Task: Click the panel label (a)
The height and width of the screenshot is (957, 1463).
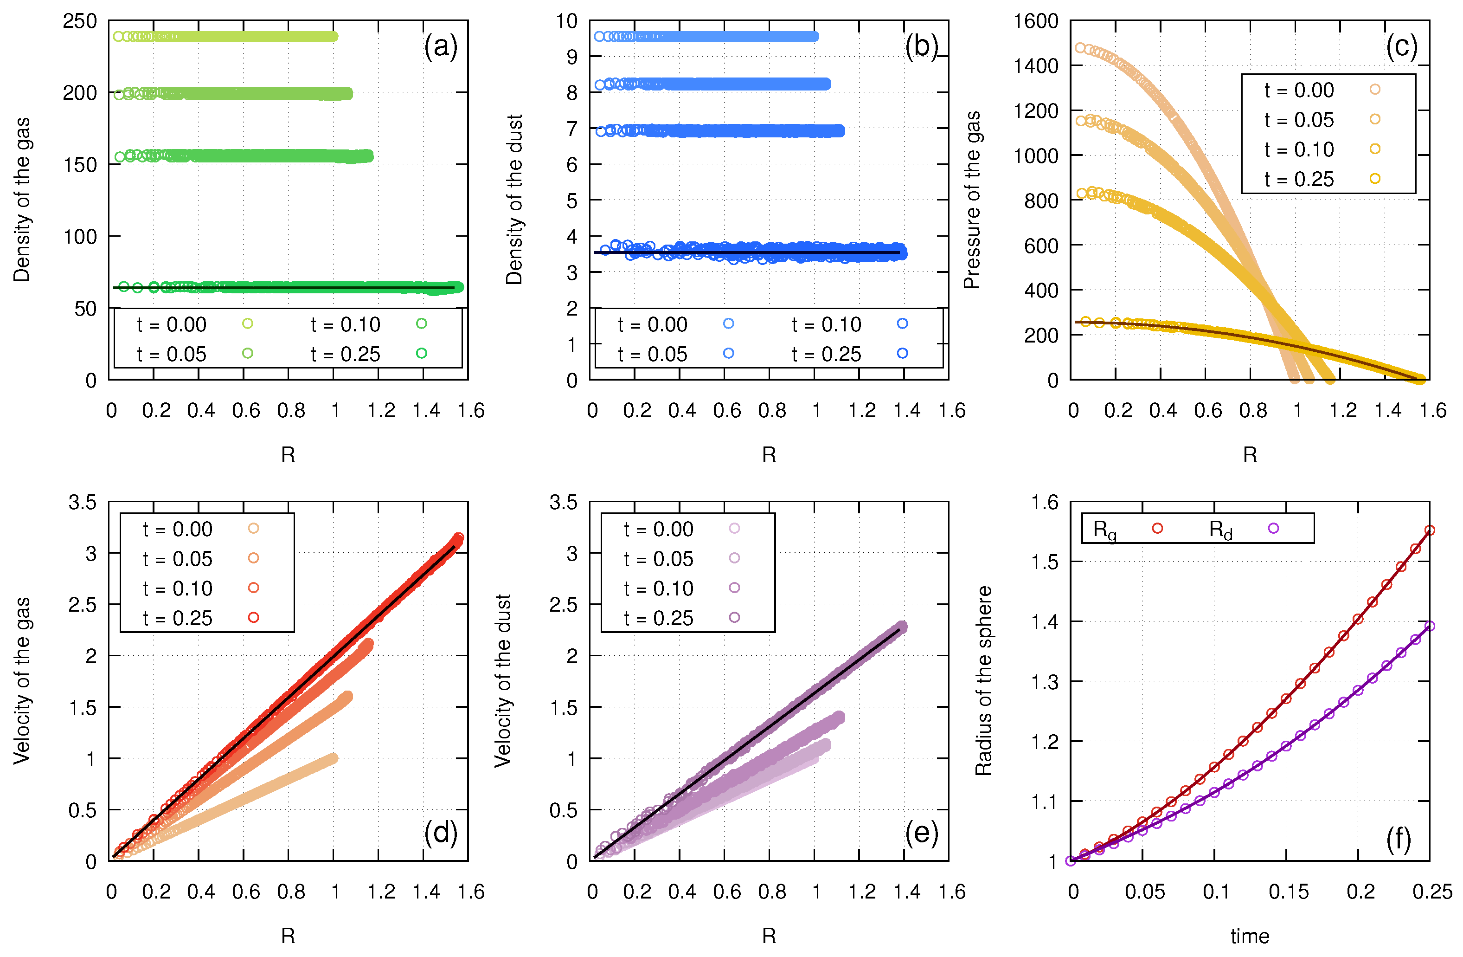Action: click(x=440, y=47)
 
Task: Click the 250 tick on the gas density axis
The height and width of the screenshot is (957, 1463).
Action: click(x=80, y=21)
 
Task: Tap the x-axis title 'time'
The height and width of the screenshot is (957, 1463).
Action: click(x=1249, y=936)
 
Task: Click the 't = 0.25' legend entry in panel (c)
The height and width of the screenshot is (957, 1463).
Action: click(x=1298, y=179)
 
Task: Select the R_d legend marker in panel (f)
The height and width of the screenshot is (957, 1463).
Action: click(x=1273, y=528)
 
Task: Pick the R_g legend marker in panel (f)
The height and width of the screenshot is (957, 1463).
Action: click(x=1157, y=528)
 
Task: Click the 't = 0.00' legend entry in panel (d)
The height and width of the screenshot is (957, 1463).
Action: click(x=177, y=529)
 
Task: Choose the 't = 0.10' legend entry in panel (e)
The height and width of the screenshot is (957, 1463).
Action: click(x=658, y=588)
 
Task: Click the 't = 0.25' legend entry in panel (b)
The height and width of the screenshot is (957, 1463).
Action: click(x=826, y=354)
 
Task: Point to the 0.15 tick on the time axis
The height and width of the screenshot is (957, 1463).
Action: click(x=1289, y=892)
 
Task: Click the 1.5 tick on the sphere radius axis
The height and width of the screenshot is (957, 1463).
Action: click(x=1045, y=562)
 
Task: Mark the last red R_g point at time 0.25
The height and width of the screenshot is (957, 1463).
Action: click(x=1429, y=530)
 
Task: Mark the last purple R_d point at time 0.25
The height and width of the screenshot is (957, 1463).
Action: click(x=1429, y=626)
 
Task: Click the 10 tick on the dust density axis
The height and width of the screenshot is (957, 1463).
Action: click(x=566, y=21)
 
